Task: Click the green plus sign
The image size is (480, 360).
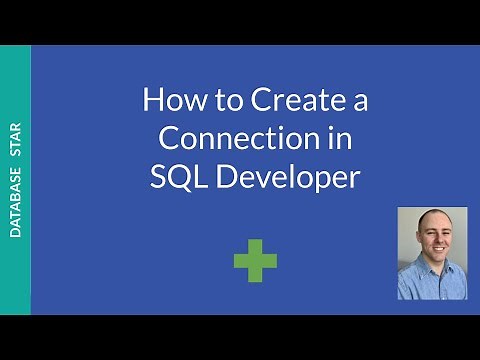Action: click(x=255, y=261)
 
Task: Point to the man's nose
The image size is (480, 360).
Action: click(x=431, y=247)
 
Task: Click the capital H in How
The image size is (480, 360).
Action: click(x=151, y=101)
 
